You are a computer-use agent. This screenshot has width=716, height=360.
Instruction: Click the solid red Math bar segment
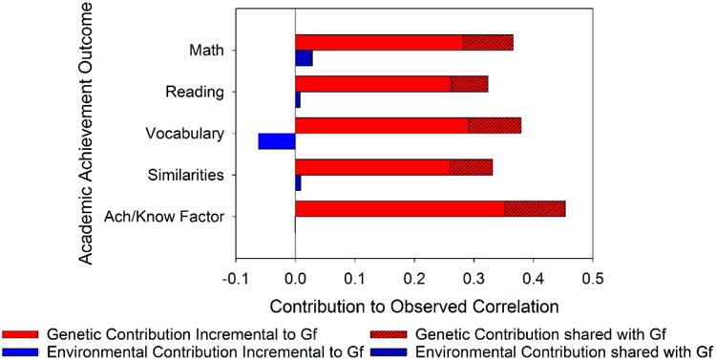378,42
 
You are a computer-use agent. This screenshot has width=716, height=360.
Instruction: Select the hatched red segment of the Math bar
488,42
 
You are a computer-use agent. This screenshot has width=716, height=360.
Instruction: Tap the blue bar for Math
304,58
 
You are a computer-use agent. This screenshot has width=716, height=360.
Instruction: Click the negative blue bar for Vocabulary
277,141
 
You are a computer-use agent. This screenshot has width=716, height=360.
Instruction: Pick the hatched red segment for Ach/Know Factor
535,208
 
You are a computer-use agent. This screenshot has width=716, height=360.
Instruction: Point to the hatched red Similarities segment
471,167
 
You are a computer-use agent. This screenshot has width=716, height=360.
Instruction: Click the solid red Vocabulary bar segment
381,125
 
